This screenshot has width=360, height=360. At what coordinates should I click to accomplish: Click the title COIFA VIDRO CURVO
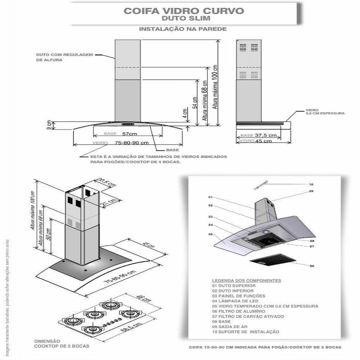[184, 11]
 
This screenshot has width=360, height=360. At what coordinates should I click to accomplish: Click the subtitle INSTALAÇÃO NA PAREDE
[183, 29]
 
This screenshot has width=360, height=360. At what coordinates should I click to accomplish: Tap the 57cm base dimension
[129, 134]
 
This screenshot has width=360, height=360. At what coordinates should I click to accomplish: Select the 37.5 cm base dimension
[266, 136]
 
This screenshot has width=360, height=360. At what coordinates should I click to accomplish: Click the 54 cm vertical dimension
[195, 103]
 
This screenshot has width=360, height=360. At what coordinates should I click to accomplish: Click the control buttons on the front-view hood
[128, 124]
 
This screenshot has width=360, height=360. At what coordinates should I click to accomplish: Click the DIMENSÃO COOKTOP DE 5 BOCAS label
[61, 343]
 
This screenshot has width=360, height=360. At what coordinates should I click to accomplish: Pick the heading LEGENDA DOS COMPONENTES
[246, 280]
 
